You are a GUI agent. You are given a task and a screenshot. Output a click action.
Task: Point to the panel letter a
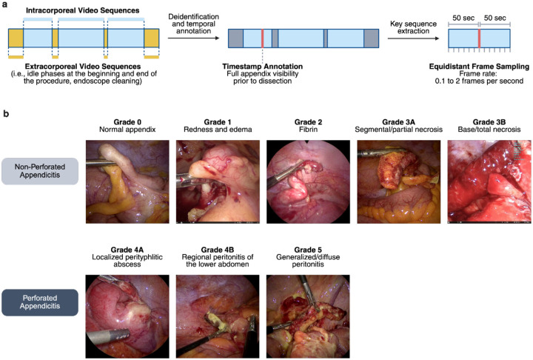coord(7,7)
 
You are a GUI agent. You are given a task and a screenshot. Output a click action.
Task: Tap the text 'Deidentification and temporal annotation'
coord(192,23)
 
